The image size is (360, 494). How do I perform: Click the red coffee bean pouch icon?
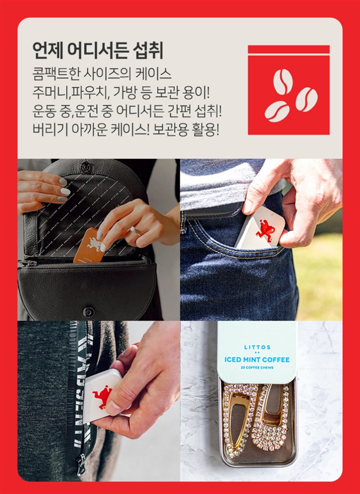(x=289, y=90)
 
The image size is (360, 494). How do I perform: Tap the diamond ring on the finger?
(x=134, y=231)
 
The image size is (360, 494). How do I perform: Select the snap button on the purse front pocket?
(x=89, y=312)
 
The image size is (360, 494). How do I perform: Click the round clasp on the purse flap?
(x=86, y=166)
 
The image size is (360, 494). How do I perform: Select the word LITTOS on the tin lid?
(x=257, y=347)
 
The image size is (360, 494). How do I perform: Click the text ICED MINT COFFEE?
(x=257, y=359)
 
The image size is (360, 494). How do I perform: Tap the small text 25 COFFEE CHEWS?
(x=257, y=368)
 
